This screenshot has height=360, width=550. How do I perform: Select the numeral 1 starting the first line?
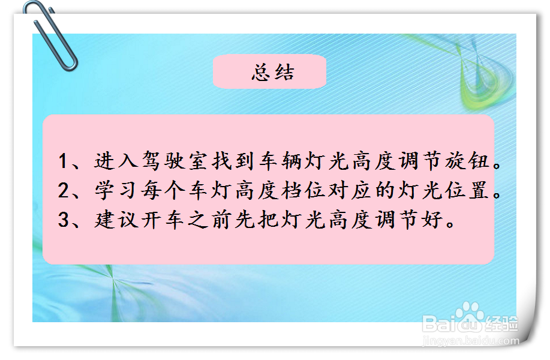[x=64, y=162]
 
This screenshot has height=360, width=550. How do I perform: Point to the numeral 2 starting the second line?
[x=64, y=191]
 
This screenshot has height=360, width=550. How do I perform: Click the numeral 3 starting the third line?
[x=64, y=220]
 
